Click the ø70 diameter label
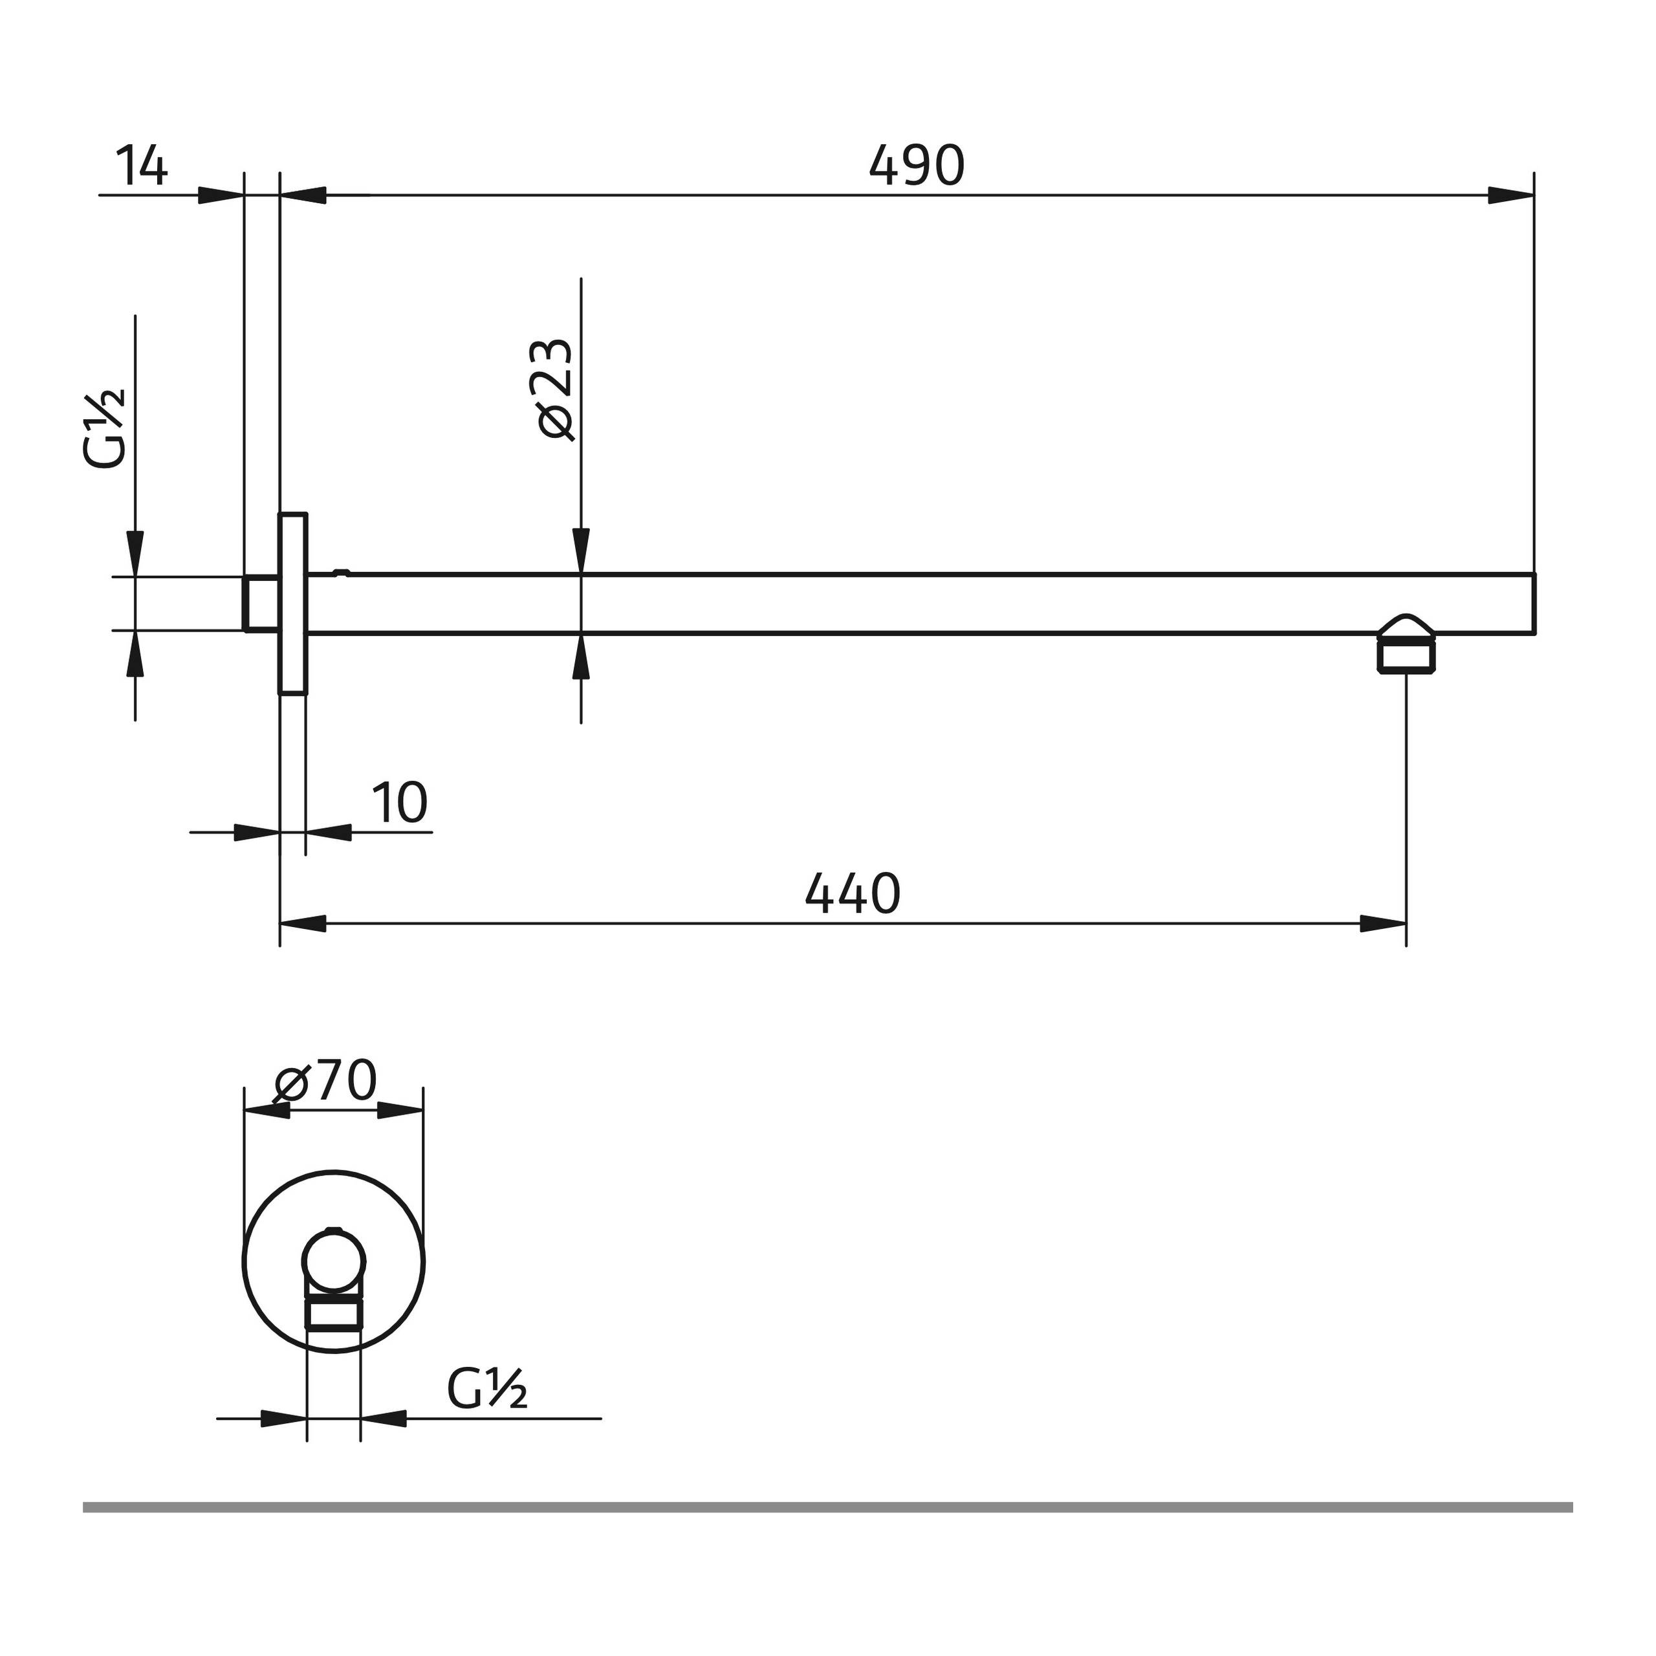pyautogui.click(x=327, y=1081)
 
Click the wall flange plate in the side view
pyautogui.click(x=293, y=604)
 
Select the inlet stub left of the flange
pyautogui.click(x=261, y=604)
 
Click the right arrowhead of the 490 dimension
pyautogui.click(x=1510, y=195)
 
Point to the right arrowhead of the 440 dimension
pyautogui.click(x=1382, y=924)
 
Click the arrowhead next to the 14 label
pyautogui.click(x=221, y=195)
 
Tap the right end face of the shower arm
pyautogui.click(x=1534, y=604)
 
